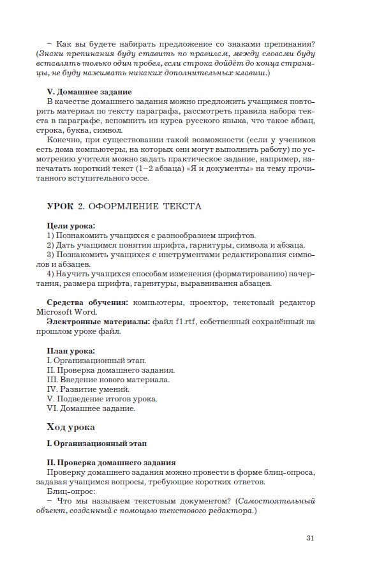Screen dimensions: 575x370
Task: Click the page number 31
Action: click(310, 537)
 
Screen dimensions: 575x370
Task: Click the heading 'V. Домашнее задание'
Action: click(89, 92)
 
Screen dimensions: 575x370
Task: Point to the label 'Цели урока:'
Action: click(71, 226)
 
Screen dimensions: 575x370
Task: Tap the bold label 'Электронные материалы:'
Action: click(99, 322)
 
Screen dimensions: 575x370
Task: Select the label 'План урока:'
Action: click(71, 351)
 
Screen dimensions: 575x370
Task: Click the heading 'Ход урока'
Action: click(71, 426)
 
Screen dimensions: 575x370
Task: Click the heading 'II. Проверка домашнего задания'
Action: click(112, 462)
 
